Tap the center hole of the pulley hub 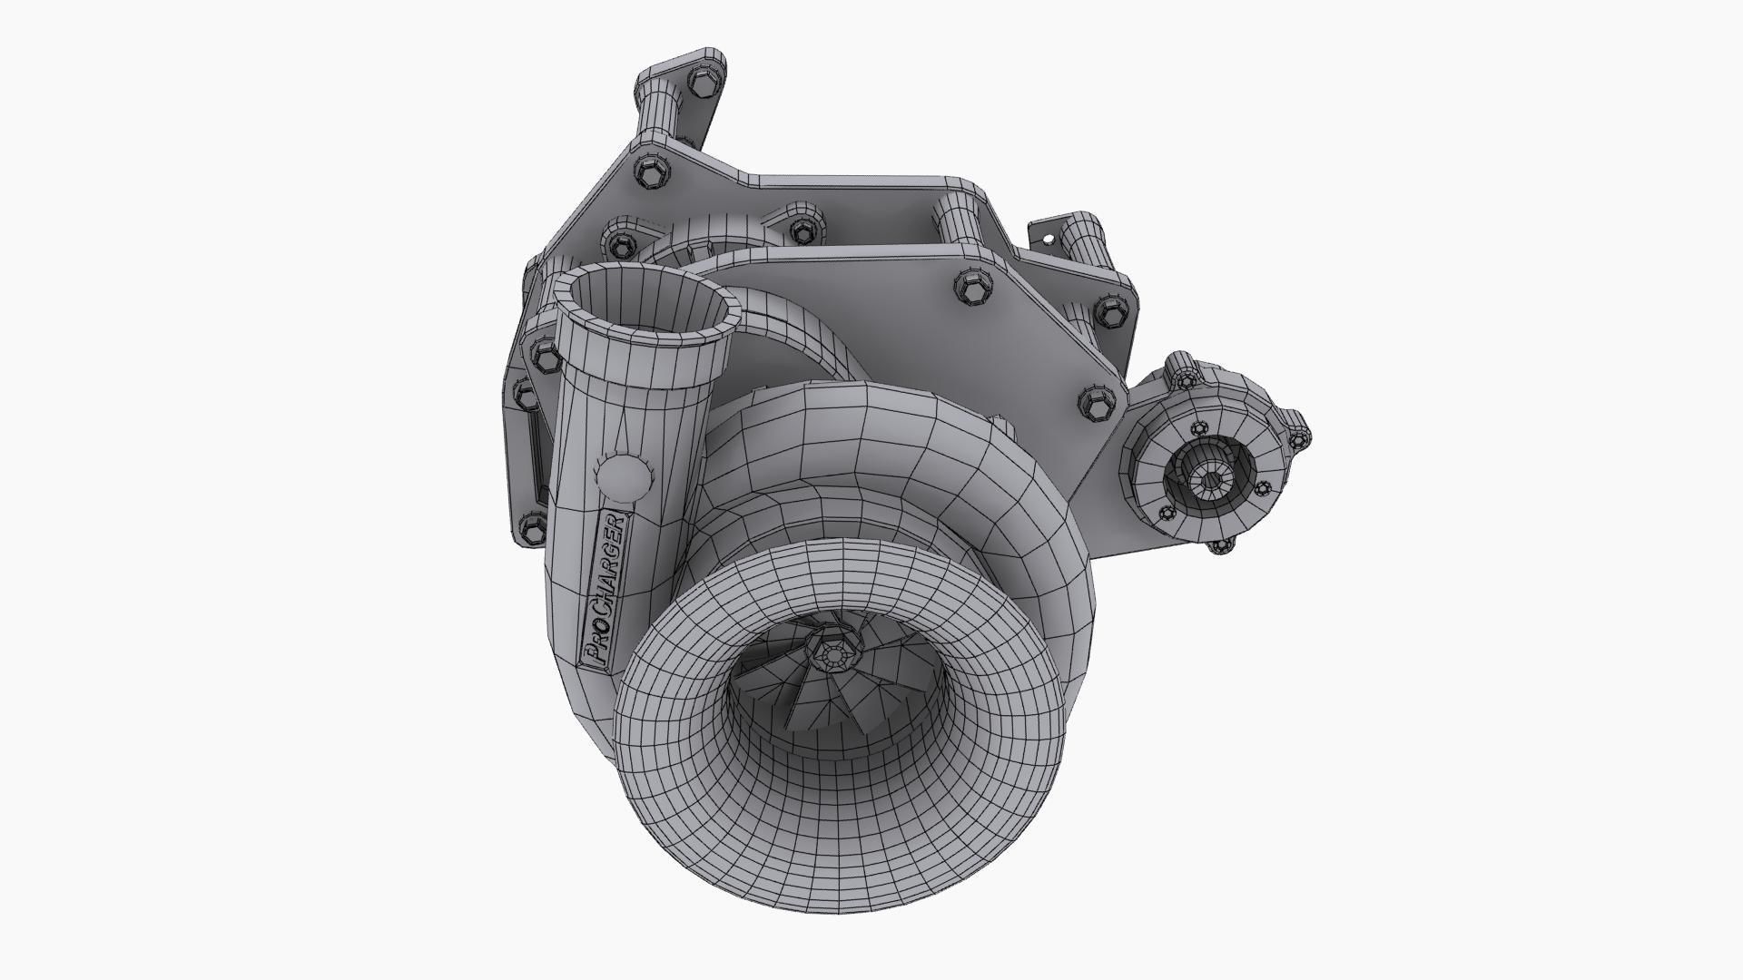coord(1210,479)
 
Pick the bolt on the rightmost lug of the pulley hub coord(1299,441)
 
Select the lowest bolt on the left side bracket coord(532,527)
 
